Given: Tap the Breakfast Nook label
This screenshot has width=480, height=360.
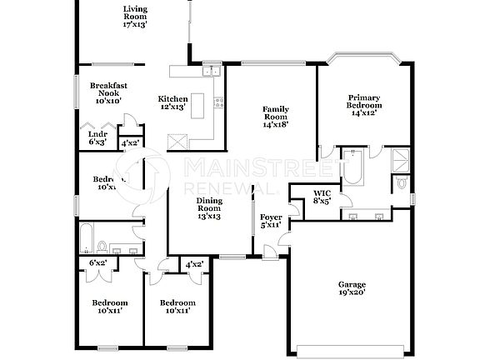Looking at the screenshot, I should (108, 92).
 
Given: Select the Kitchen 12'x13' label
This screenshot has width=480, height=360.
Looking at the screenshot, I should (173, 103).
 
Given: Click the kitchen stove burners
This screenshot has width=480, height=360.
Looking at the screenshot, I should (219, 102).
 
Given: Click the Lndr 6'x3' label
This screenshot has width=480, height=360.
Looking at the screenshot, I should (97, 138).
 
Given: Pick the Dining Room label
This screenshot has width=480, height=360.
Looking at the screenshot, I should (208, 208).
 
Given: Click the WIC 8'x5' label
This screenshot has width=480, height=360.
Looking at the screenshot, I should (322, 197).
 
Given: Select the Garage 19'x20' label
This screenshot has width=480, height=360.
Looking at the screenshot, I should (351, 289).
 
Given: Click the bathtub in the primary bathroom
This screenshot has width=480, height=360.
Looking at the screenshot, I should (353, 167).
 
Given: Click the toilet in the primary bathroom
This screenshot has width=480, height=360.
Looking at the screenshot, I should (401, 182).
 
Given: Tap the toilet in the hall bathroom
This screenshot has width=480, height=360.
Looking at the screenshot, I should (102, 246).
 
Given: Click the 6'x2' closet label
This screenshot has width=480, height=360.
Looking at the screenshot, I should (97, 263).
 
